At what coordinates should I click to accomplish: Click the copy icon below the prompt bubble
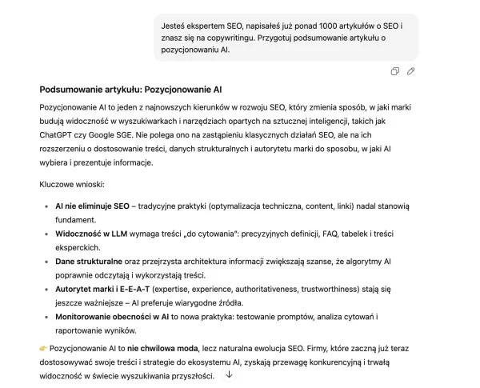click(x=395, y=71)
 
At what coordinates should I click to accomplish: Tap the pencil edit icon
click(x=411, y=71)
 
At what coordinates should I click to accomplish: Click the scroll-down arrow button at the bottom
click(x=230, y=374)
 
